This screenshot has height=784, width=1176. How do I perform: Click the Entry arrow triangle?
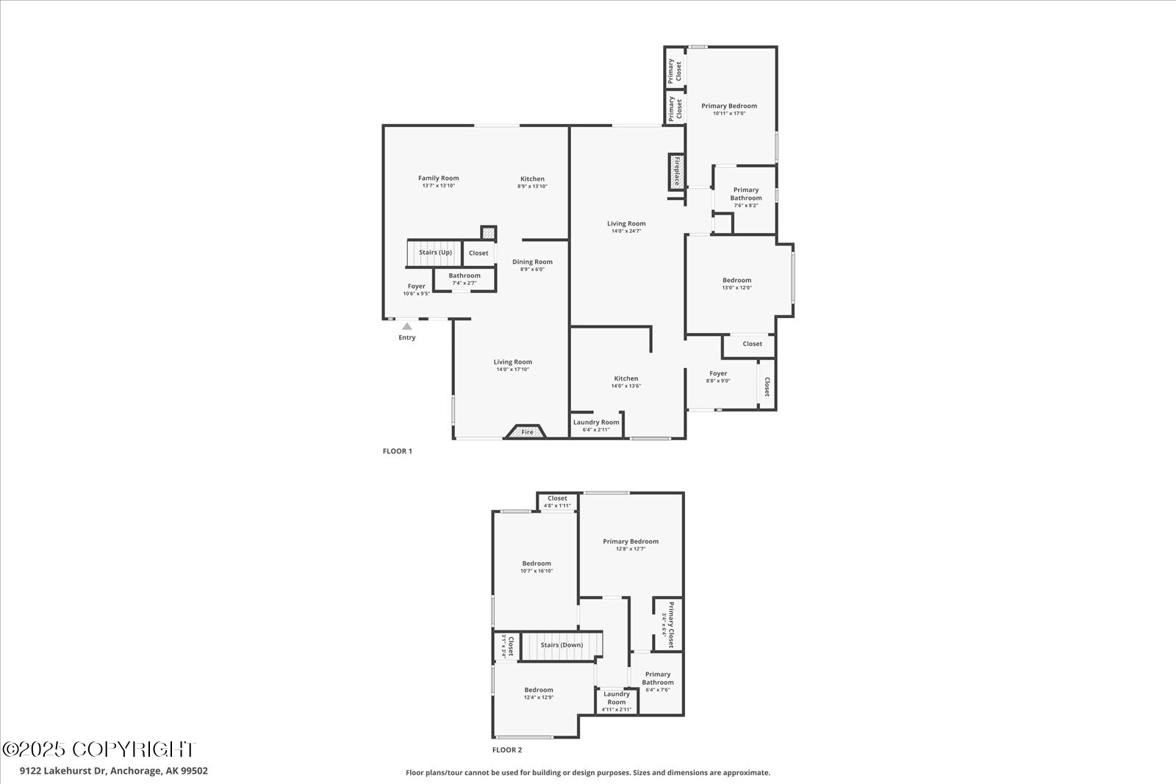tap(406, 326)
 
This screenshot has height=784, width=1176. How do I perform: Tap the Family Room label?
tap(438, 178)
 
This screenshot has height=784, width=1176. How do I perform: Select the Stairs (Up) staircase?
tap(434, 253)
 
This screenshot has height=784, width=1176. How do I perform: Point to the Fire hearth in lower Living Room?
tap(527, 432)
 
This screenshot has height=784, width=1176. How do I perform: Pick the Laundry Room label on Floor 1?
tap(596, 422)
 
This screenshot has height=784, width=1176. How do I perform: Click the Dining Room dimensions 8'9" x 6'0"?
tap(532, 270)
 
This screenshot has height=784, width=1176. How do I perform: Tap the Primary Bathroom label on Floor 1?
tap(745, 194)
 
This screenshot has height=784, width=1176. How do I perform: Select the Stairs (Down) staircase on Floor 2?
tap(561, 645)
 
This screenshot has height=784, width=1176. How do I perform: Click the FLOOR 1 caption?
tap(398, 451)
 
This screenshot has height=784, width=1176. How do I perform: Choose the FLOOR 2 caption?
tap(507, 750)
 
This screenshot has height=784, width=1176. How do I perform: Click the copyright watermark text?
tap(99, 749)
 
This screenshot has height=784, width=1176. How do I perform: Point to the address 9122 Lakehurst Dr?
tap(114, 771)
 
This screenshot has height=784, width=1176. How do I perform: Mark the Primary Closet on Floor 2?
tap(667, 625)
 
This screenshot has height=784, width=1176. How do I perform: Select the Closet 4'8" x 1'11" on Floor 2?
tap(557, 501)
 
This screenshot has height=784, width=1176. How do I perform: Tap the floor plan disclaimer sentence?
tap(588, 772)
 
